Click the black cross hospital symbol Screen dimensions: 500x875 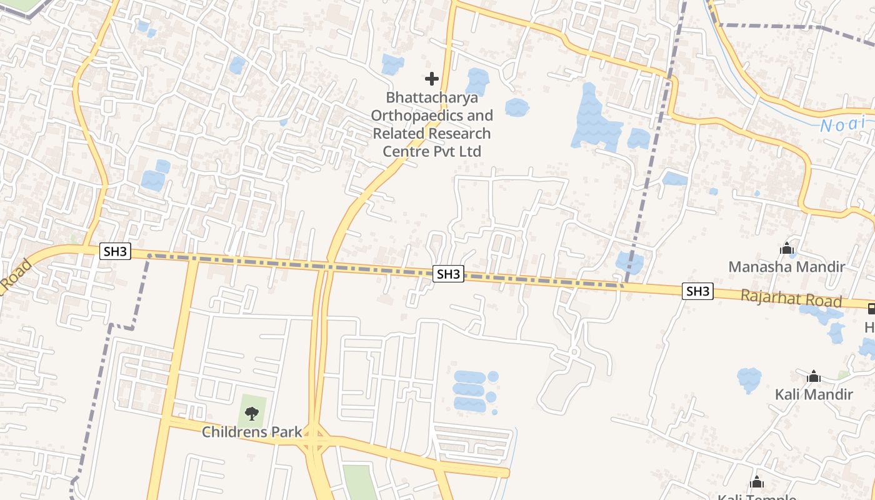(x=431, y=79)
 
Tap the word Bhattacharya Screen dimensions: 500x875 (x=432, y=97)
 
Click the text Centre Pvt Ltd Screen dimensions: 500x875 (x=432, y=152)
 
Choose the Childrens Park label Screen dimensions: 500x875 (x=252, y=432)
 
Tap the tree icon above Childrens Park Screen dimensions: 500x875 (x=251, y=412)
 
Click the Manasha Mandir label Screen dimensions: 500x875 (x=786, y=267)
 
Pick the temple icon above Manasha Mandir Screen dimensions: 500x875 (x=786, y=249)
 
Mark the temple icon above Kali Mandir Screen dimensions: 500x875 (x=813, y=376)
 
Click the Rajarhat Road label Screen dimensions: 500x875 (x=791, y=298)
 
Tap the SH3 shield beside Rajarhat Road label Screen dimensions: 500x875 (x=697, y=291)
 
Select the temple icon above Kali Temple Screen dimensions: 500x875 (x=757, y=482)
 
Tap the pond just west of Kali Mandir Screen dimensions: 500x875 (x=749, y=379)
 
